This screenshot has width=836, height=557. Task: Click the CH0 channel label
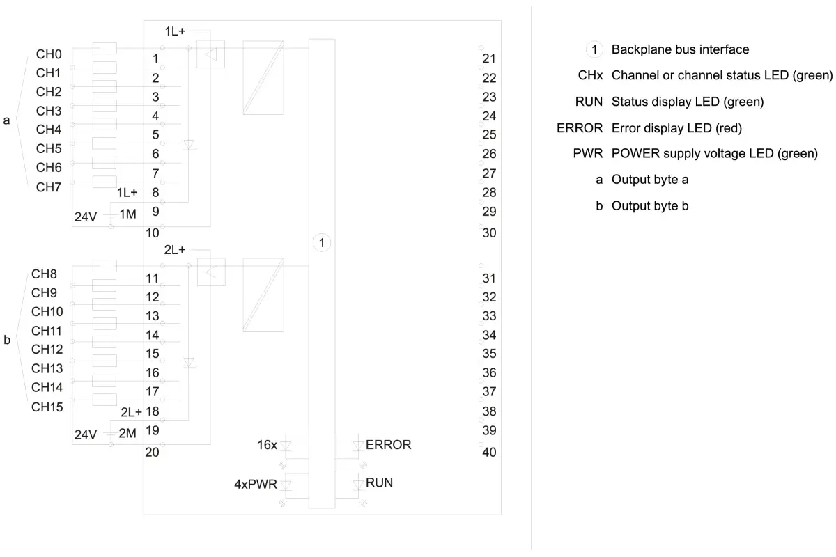[x=49, y=54]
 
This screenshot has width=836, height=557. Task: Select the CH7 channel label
[x=49, y=187]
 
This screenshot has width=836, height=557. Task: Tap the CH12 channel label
[x=47, y=350]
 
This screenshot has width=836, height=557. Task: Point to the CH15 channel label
[x=47, y=407]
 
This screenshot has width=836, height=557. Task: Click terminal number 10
[x=153, y=233]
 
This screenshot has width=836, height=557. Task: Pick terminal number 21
[x=489, y=58]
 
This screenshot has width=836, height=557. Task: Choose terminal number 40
[x=489, y=452]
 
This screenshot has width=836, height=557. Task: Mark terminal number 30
[x=489, y=233]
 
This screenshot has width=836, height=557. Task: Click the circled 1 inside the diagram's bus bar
[x=322, y=243]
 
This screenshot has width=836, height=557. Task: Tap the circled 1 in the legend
[x=594, y=49]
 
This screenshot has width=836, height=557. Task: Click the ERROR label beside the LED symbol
[x=388, y=445]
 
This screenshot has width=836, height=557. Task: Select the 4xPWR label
[x=256, y=485]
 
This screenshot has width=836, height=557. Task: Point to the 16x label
[x=268, y=445]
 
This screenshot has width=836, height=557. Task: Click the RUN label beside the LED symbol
[x=379, y=483]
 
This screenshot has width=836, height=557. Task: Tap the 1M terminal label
[x=127, y=214]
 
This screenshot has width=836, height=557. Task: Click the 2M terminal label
[x=127, y=433]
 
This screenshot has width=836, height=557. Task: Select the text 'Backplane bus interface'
[x=680, y=49]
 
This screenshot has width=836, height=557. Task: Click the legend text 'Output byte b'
[x=650, y=206]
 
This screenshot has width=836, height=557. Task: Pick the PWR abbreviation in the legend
[x=588, y=153]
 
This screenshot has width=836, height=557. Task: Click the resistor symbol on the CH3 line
[x=104, y=106]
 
